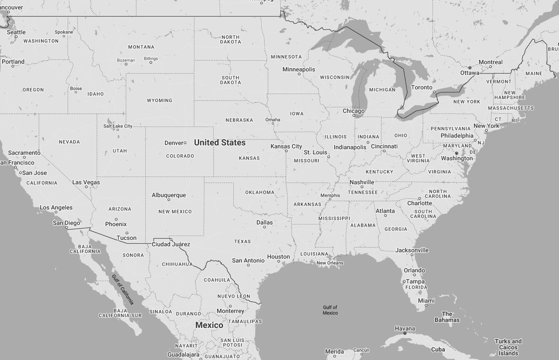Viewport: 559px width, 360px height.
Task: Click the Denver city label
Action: [x=174, y=143]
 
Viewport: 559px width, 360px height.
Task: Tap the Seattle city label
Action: [x=16, y=32]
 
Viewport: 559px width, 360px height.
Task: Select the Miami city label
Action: [x=426, y=301]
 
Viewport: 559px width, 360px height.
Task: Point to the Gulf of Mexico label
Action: [x=330, y=310]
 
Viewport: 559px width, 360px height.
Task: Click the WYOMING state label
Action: [x=159, y=100]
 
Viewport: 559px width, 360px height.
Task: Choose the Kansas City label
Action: [x=286, y=146]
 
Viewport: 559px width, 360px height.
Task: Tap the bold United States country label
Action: [x=220, y=142]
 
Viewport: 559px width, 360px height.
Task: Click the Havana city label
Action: [x=404, y=328]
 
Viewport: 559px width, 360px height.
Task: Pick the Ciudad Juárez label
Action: [x=171, y=244]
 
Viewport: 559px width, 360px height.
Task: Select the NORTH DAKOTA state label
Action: [x=230, y=39]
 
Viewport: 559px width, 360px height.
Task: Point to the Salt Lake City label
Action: [x=118, y=126]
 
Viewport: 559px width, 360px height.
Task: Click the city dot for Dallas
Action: [x=265, y=227]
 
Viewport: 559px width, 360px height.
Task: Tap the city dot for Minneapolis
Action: [x=299, y=74]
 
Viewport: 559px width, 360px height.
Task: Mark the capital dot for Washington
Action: [x=456, y=153]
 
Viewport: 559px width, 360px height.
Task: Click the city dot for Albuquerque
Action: [x=169, y=200]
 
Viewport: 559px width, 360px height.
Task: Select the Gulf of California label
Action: [x=123, y=289]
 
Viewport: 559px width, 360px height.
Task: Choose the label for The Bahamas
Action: [x=447, y=317]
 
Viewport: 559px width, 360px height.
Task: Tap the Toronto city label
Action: [x=421, y=87]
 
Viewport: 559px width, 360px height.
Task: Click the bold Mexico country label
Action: [x=209, y=325]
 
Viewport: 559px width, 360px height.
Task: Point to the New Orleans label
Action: [x=330, y=263]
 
